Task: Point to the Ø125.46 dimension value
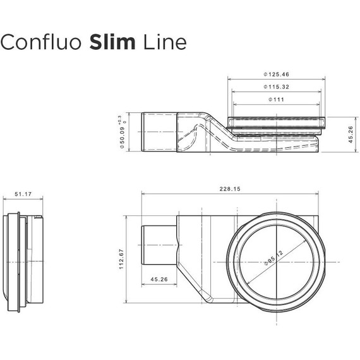(279, 75)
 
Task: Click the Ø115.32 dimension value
(279, 87)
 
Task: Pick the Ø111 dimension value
(279, 99)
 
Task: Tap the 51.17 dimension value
(23, 195)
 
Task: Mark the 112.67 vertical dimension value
(124, 257)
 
